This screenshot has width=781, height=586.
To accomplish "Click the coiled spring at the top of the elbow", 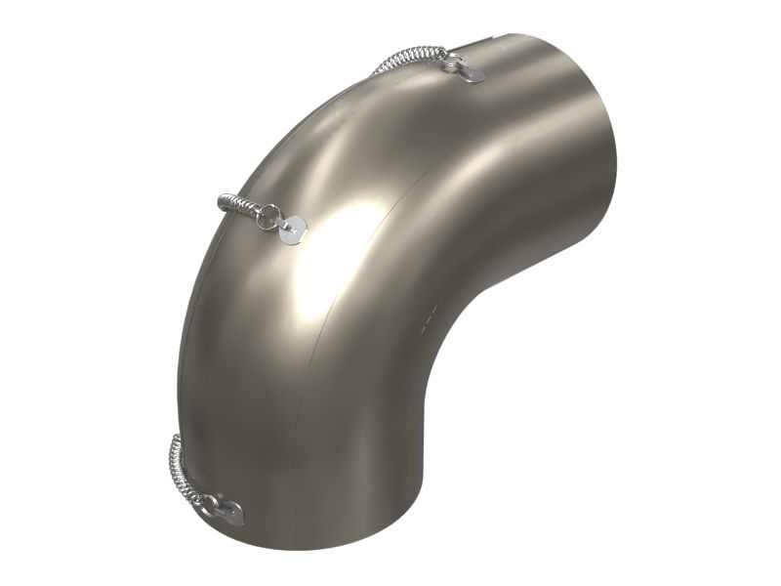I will (x=410, y=58).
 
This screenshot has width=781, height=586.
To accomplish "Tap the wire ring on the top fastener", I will (x=450, y=62).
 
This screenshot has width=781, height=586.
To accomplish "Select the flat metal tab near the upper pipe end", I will (x=472, y=73).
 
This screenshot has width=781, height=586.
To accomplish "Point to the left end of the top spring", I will (x=375, y=72).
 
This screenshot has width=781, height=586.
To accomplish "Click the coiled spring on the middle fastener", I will (x=238, y=205).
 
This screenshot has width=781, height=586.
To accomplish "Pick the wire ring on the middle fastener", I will (x=266, y=217).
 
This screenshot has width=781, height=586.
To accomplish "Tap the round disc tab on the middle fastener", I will (x=292, y=230).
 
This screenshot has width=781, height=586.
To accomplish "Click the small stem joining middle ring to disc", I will (x=279, y=224).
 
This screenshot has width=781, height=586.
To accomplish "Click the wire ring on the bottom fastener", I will (x=207, y=502).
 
